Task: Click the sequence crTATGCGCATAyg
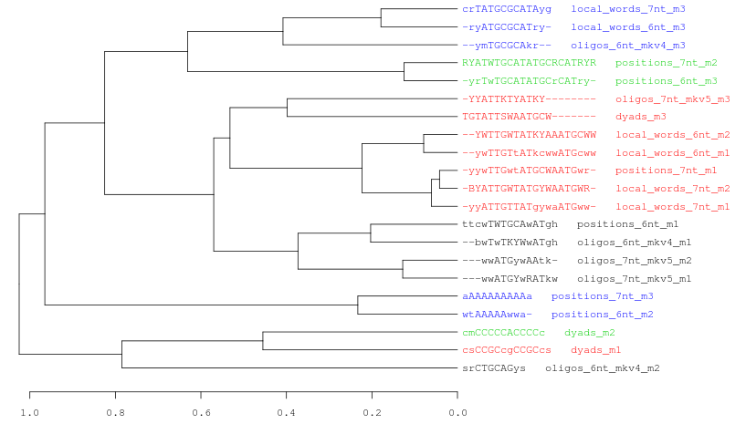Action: (507, 9)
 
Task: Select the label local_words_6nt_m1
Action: (672, 152)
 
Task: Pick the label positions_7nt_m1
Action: (666, 171)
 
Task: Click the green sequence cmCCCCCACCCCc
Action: (503, 332)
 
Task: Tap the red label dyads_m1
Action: (595, 350)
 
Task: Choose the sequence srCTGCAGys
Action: (494, 368)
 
